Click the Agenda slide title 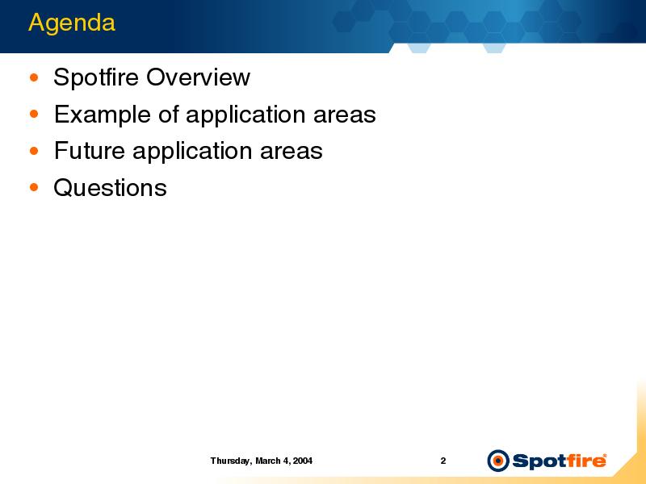(72, 23)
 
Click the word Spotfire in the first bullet (96, 77)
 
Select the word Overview (198, 77)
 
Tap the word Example (103, 115)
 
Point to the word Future (90, 151)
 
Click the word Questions (111, 188)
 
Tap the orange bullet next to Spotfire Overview (34, 77)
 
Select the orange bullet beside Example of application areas (34, 114)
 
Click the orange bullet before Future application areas (34, 151)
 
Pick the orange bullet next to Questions (34, 188)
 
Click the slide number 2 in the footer (443, 461)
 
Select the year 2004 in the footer (303, 461)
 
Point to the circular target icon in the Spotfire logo (497, 461)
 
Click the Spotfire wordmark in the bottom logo (559, 461)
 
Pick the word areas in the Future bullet (292, 151)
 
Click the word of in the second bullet (169, 114)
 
